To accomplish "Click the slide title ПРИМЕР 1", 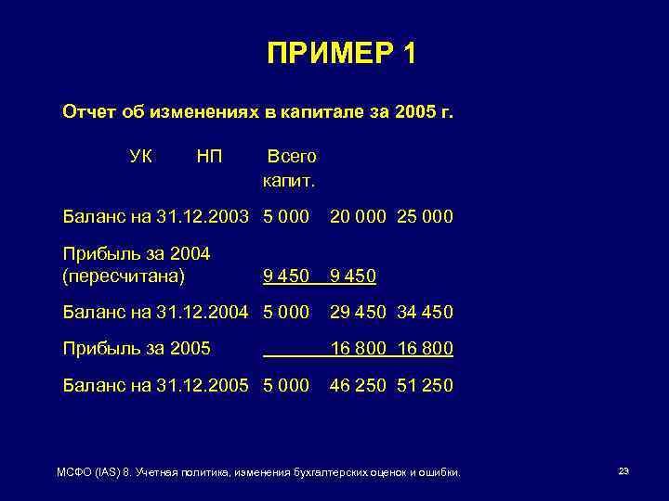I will (341, 55).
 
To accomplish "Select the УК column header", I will (141, 156).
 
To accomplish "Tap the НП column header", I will (209, 156).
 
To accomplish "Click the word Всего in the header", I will (292, 156).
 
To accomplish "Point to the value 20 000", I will (358, 217).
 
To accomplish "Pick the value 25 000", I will (425, 217).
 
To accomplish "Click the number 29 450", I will (358, 313).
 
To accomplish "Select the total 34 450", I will (425, 313).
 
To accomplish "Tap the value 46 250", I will (358, 385).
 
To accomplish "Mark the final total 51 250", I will (425, 385).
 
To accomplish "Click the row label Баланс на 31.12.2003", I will (155, 217).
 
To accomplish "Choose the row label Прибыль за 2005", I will (136, 349).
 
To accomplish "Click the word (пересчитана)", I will (124, 276).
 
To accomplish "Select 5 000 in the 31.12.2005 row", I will (286, 385).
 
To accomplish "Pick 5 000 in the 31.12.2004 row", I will (286, 313).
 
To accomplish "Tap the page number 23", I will (623, 472).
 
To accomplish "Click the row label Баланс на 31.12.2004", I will (155, 313).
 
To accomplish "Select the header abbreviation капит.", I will (289, 180).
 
